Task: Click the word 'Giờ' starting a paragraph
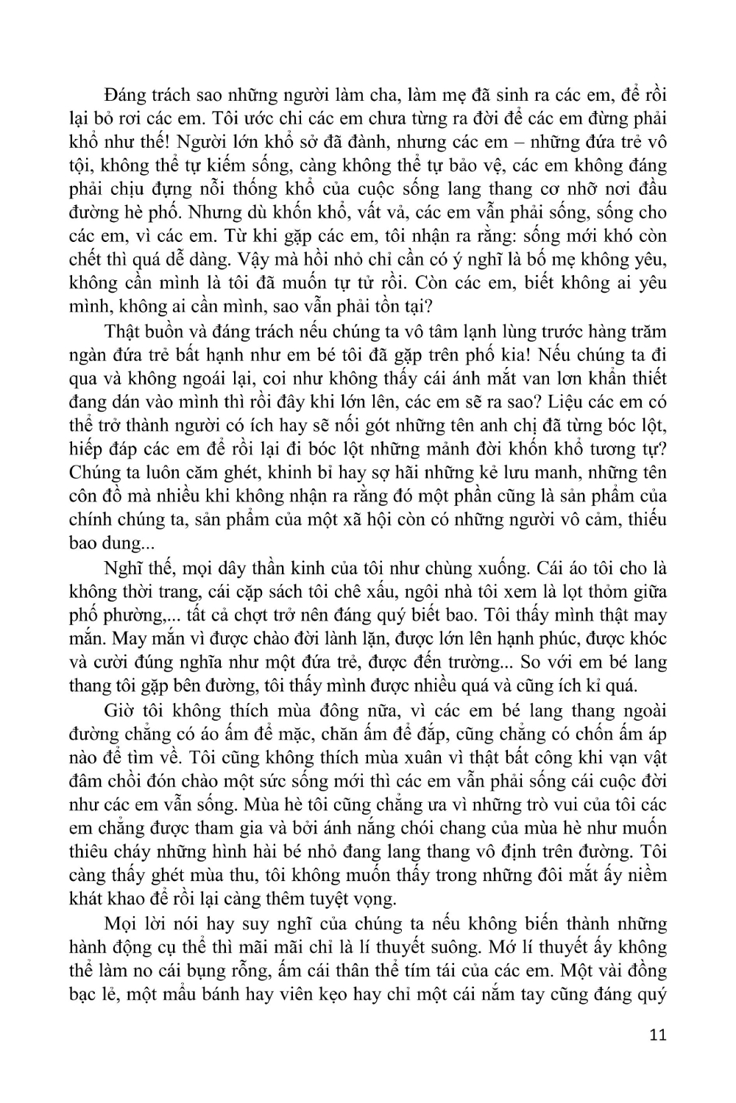121,710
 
